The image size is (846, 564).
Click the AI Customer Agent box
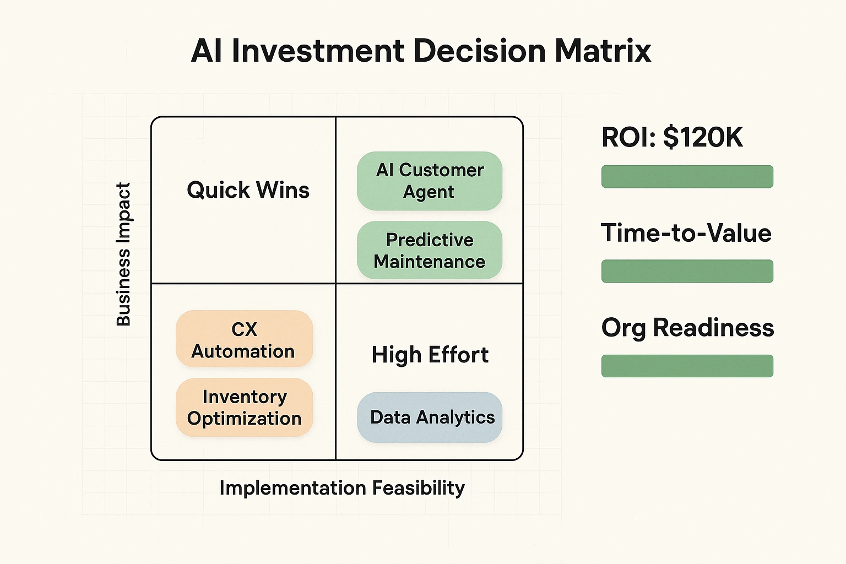(x=430, y=181)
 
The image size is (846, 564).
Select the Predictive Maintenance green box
(x=430, y=251)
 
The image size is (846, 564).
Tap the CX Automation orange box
(x=244, y=339)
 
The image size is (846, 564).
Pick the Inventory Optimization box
(x=244, y=408)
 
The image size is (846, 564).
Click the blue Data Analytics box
(x=430, y=417)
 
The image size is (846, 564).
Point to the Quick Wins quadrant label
(x=248, y=190)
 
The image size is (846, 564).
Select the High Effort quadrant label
(x=430, y=355)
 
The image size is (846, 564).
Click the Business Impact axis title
(x=123, y=254)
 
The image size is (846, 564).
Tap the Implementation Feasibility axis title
(x=342, y=488)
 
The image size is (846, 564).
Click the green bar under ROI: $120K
(x=687, y=177)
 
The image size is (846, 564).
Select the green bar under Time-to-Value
(x=687, y=272)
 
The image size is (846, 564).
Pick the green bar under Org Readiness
(x=687, y=366)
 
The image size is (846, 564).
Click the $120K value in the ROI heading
(x=703, y=137)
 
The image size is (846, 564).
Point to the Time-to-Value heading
(x=686, y=233)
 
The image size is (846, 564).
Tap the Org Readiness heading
(x=687, y=328)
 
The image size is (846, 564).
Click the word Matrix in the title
(x=603, y=51)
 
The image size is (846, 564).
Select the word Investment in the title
(x=318, y=51)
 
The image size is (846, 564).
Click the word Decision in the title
(x=479, y=51)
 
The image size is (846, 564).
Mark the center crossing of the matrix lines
(x=336, y=284)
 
